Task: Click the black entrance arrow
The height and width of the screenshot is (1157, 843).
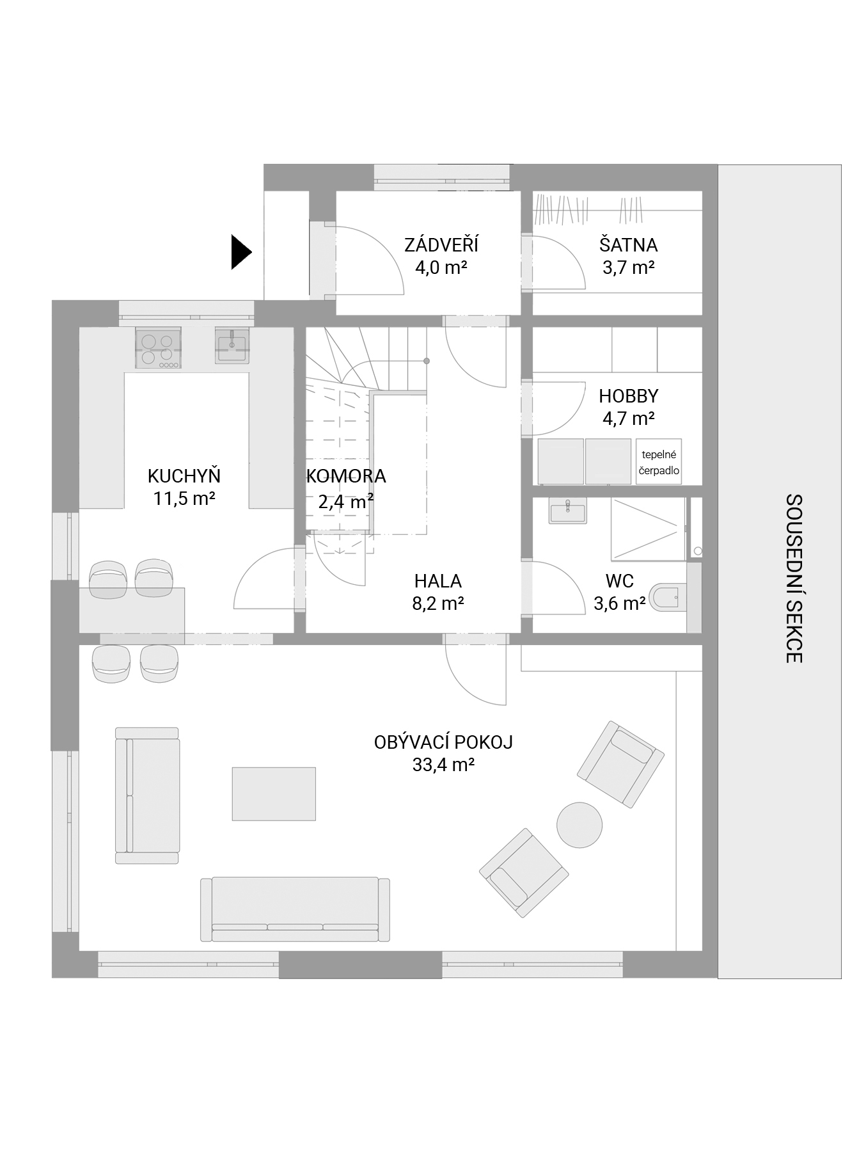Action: [241, 252]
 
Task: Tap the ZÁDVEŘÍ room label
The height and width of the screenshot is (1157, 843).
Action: [441, 244]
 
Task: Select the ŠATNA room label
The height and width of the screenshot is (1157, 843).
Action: [628, 244]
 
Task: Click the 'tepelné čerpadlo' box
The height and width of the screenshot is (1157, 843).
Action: [659, 461]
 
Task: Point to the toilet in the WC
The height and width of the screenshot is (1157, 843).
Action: [667, 598]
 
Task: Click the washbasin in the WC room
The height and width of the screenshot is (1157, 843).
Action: [567, 511]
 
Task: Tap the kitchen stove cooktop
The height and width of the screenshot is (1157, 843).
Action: [158, 347]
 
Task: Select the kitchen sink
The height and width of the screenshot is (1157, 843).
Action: [232, 346]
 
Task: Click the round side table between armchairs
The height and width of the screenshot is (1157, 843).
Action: [579, 825]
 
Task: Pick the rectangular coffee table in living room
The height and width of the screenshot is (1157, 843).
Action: [274, 794]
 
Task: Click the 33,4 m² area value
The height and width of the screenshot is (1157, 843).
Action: [443, 765]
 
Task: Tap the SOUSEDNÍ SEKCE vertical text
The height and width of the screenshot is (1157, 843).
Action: [794, 578]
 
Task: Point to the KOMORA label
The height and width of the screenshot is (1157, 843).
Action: [346, 476]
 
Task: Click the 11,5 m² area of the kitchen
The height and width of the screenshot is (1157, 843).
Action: [184, 499]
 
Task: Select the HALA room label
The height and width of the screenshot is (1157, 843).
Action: [438, 581]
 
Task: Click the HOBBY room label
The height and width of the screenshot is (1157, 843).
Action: [629, 396]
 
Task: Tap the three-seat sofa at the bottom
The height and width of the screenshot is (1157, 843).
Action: [295, 909]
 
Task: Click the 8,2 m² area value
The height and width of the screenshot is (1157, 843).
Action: [438, 603]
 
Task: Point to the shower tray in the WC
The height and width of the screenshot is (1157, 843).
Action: [648, 529]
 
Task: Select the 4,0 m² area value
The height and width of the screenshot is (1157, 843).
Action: [441, 267]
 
